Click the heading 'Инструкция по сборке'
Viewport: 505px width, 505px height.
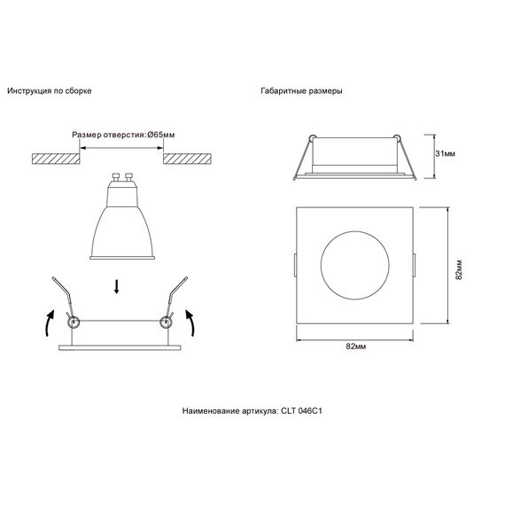(49, 91)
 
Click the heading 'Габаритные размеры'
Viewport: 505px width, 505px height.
(302, 91)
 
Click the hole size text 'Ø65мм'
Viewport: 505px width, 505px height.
(161, 136)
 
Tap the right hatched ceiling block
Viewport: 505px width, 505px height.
(188, 157)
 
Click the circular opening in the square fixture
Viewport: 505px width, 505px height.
(353, 266)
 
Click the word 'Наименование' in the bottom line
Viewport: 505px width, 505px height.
(211, 411)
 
